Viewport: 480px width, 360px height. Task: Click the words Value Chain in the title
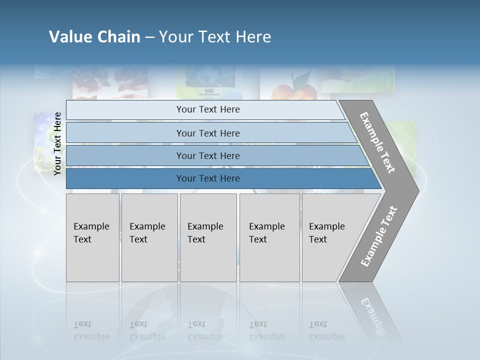pos(94,37)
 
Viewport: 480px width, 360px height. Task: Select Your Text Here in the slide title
pos(215,37)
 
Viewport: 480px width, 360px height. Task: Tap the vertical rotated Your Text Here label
pos(57,143)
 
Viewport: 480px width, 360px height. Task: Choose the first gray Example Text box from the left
pos(92,237)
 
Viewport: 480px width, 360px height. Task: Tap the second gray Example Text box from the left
pos(149,237)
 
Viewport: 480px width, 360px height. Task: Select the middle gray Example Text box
pos(208,237)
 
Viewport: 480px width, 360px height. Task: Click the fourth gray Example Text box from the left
pos(269,237)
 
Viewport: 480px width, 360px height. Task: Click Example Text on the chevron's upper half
pos(377,142)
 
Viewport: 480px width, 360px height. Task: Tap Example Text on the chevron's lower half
pos(378,236)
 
